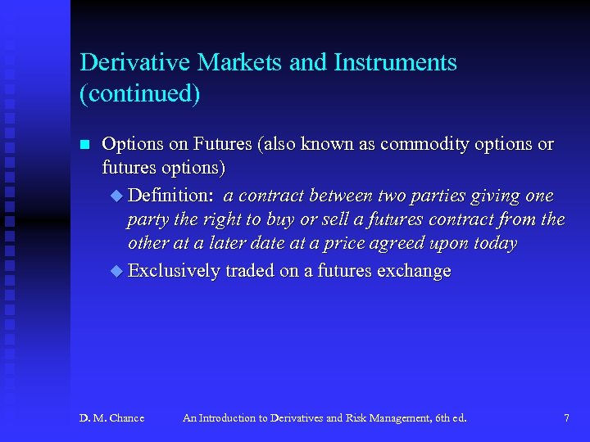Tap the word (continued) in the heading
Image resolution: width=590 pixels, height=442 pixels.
coord(139,93)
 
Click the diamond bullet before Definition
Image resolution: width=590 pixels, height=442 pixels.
coord(116,196)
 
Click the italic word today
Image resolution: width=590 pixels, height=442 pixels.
coord(494,245)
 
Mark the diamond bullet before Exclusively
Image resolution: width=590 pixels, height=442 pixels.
coord(116,272)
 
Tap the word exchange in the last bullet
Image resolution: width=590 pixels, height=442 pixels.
coord(414,271)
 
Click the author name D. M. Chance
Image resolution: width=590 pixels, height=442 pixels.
coord(111,418)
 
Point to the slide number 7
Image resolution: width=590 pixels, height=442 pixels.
coord(566,418)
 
